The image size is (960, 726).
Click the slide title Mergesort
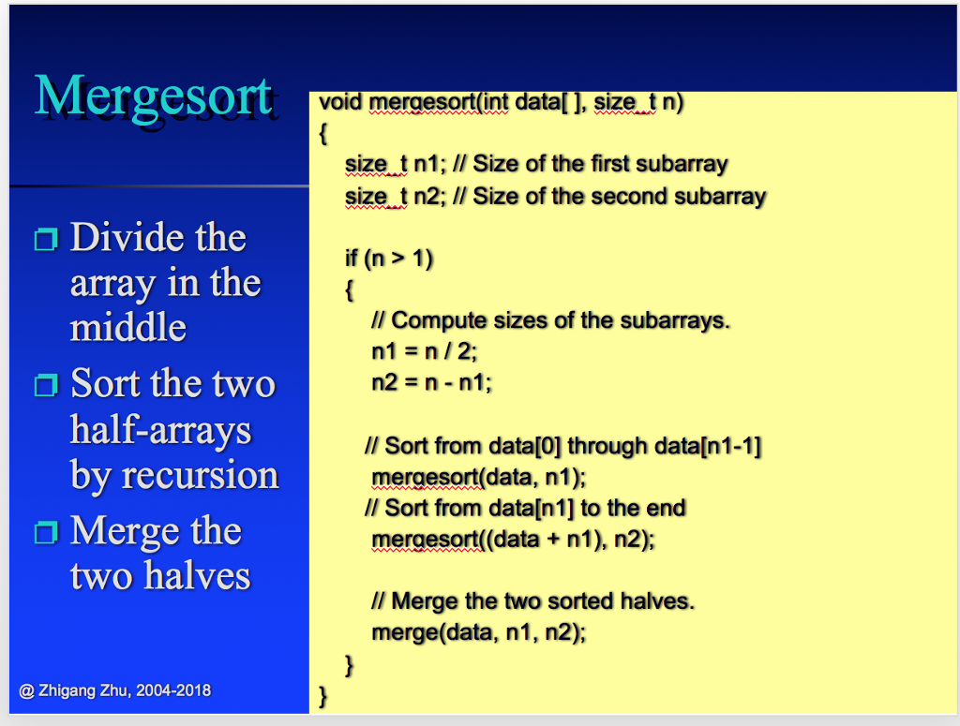pyautogui.click(x=154, y=96)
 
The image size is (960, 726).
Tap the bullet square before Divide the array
pyautogui.click(x=45, y=240)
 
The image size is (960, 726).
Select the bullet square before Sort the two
pyautogui.click(x=45, y=385)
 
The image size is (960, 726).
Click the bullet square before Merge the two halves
pyautogui.click(x=45, y=532)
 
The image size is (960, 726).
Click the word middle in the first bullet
pyautogui.click(x=128, y=328)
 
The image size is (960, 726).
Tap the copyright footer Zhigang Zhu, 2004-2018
pyautogui.click(x=115, y=690)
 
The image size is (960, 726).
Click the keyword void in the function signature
pyautogui.click(x=340, y=102)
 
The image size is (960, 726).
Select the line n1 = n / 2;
pyautogui.click(x=425, y=351)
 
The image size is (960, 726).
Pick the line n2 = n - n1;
pyautogui.click(x=431, y=382)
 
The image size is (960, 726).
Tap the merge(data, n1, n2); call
pyautogui.click(x=478, y=631)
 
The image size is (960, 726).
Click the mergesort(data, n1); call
pyautogui.click(x=478, y=477)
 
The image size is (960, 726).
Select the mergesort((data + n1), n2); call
pyautogui.click(x=513, y=540)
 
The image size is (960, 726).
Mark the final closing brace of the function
pyautogui.click(x=323, y=695)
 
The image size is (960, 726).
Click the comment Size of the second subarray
pyautogui.click(x=619, y=197)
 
